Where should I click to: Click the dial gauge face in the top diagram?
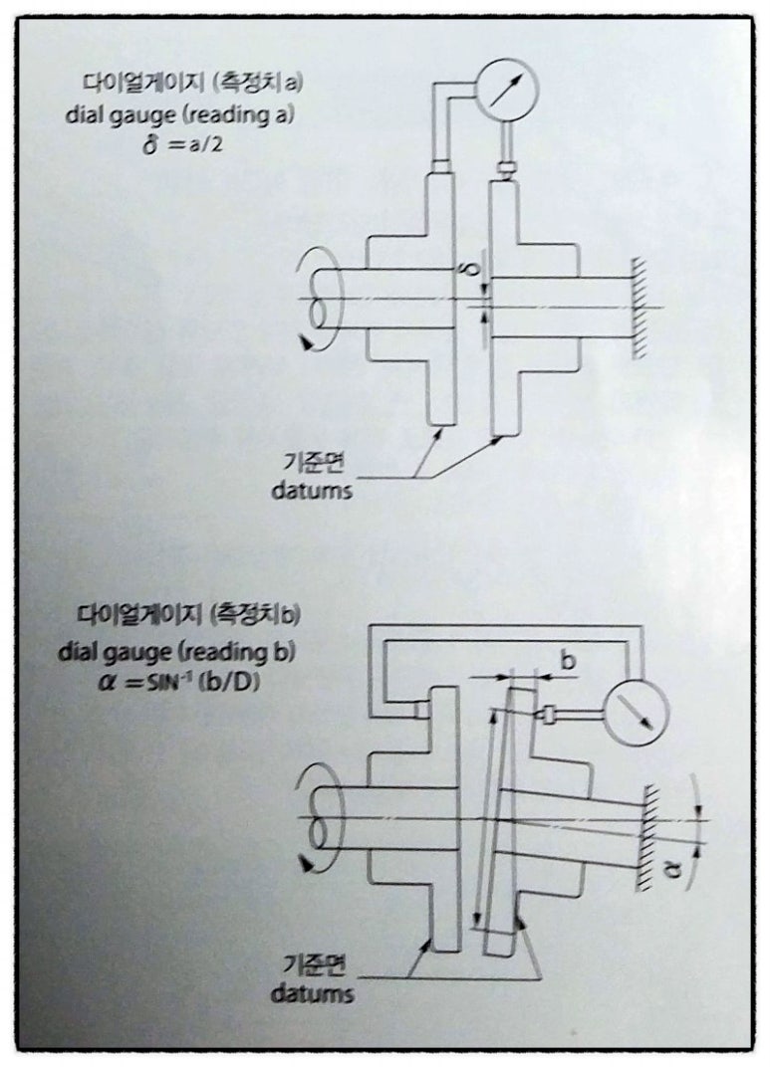pos(507,90)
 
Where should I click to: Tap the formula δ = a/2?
pos(182,145)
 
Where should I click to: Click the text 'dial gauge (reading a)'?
pos(179,114)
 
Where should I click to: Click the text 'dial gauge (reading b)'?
pos(177,652)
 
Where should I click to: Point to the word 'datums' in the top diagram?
pos(312,490)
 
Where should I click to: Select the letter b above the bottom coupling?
pos(567,660)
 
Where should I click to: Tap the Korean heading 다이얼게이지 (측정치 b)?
pos(188,616)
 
